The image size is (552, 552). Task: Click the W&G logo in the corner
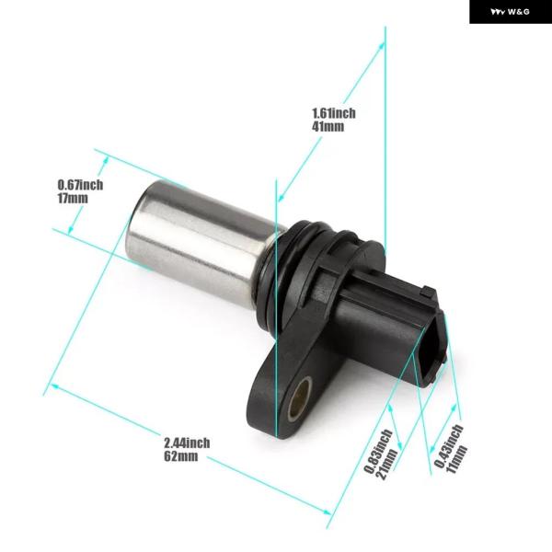pyautogui.click(x=510, y=12)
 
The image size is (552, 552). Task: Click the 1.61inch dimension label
pyautogui.click(x=334, y=113)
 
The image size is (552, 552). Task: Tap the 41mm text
pyautogui.click(x=328, y=126)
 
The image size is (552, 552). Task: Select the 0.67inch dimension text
pyautogui.click(x=80, y=185)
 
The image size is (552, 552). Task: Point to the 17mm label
pyautogui.click(x=73, y=198)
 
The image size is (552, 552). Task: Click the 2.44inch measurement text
pyautogui.click(x=187, y=443)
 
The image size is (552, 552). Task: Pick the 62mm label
pyautogui.click(x=181, y=456)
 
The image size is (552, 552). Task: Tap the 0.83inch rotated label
pyautogui.click(x=378, y=452)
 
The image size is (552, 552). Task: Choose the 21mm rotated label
pyautogui.click(x=387, y=464)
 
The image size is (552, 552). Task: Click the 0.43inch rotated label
pyautogui.click(x=448, y=445)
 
